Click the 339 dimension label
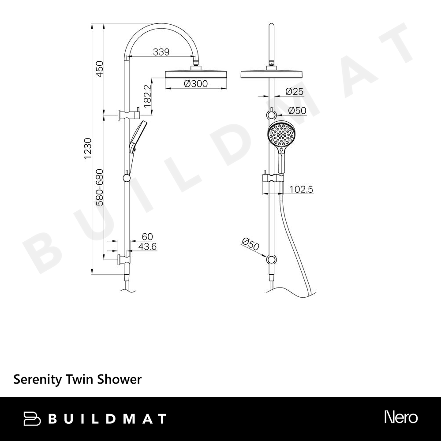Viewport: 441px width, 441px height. (161, 52)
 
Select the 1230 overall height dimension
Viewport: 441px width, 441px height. (88, 149)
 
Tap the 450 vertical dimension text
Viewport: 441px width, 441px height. (100, 69)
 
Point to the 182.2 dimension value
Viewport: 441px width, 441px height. (147, 96)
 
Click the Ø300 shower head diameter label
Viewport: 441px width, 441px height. (196, 83)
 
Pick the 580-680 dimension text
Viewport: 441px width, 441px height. (100, 187)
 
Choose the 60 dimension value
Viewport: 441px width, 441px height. (147, 236)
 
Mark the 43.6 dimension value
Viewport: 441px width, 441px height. (147, 247)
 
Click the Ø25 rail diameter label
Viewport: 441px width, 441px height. (294, 91)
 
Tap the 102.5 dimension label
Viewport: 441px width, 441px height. (301, 189)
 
